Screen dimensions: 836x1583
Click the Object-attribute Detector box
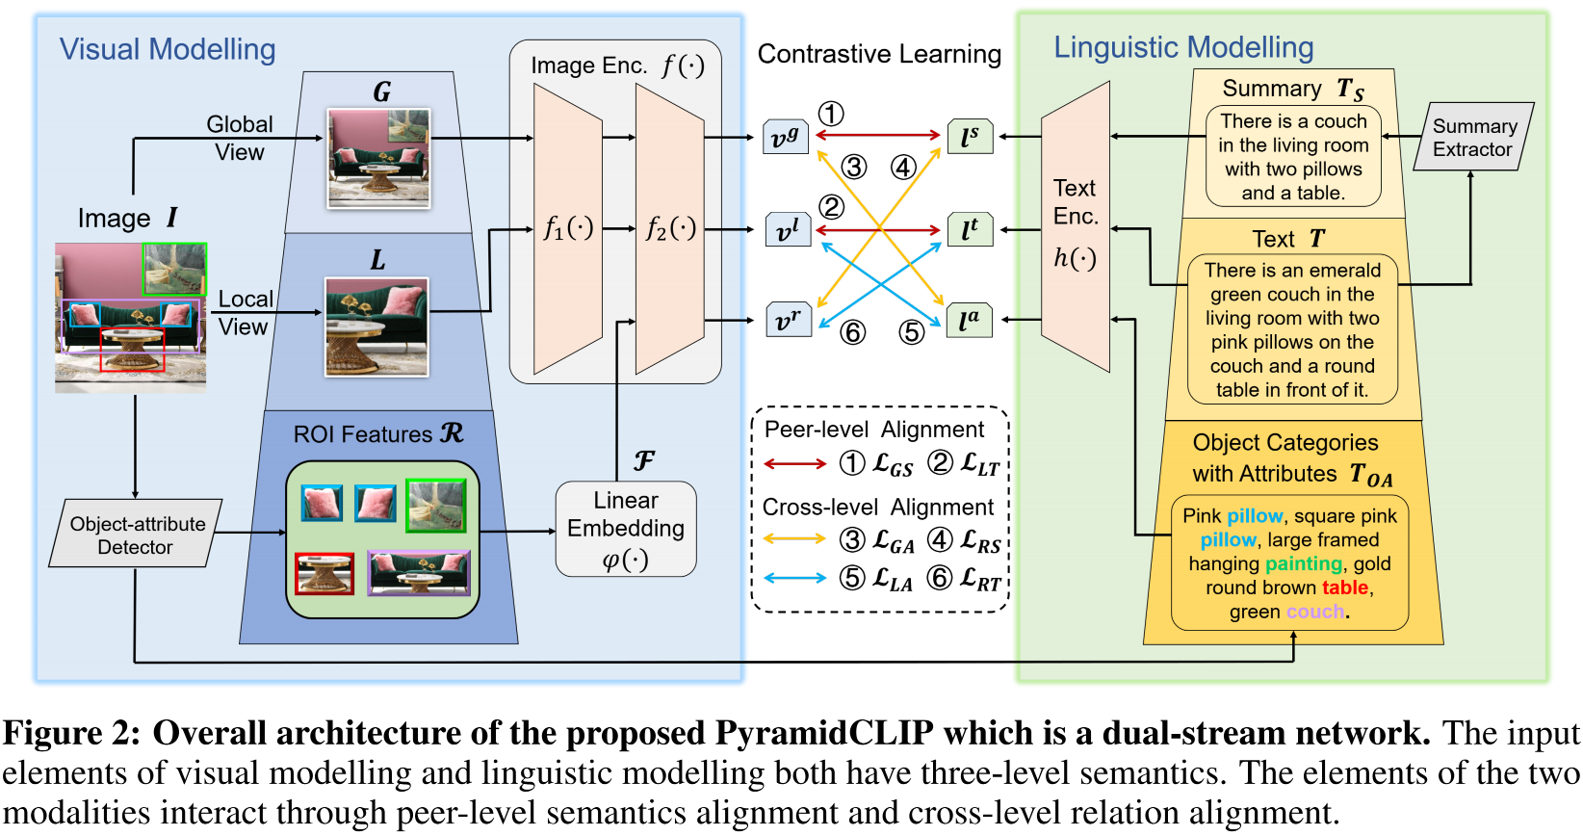(x=136, y=535)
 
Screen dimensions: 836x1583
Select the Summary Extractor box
(x=1473, y=138)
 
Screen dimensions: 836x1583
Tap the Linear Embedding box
(x=626, y=529)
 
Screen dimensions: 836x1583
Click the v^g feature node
(x=786, y=138)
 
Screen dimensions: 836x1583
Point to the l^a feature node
(x=969, y=321)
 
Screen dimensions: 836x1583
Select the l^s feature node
(x=970, y=138)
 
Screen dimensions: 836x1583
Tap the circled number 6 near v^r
(x=852, y=332)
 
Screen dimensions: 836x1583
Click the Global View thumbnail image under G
(x=378, y=158)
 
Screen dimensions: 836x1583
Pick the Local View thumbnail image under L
(x=376, y=327)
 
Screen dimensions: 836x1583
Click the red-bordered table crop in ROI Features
(x=324, y=574)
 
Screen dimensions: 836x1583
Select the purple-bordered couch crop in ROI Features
(x=419, y=573)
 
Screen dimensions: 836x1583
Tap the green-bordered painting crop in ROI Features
(x=436, y=506)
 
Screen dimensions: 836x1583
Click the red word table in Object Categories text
(x=1345, y=588)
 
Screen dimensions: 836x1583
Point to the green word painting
(x=1304, y=563)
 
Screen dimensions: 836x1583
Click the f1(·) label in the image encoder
(x=568, y=228)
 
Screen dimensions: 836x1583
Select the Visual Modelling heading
(x=168, y=50)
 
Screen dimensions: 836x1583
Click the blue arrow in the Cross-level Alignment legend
(x=794, y=578)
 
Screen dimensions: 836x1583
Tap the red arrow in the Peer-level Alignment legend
(x=794, y=464)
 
